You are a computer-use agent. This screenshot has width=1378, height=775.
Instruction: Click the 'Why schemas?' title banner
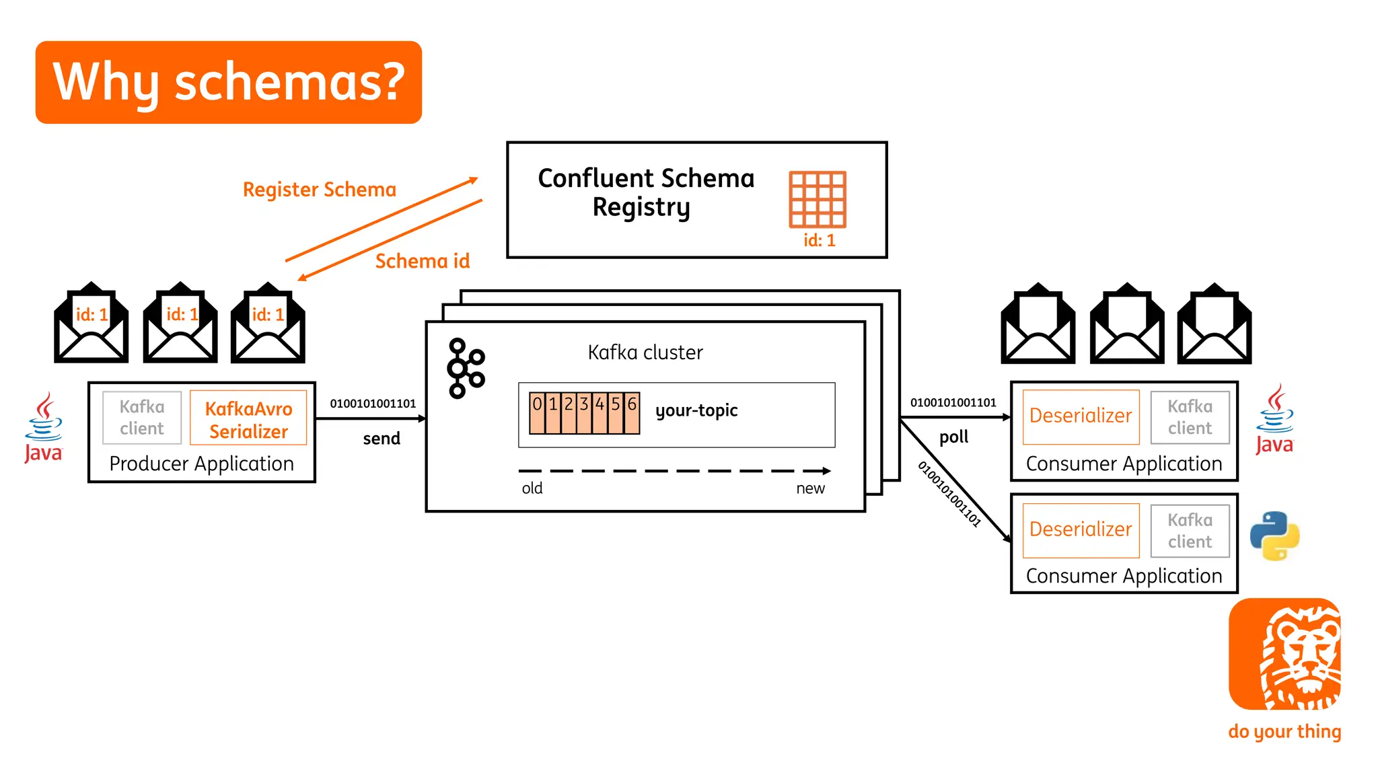[228, 82]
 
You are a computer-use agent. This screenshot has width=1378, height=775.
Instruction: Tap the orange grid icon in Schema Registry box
[817, 199]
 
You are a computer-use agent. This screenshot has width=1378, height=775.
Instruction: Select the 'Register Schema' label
[319, 190]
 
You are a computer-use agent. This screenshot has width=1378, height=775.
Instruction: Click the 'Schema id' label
[422, 261]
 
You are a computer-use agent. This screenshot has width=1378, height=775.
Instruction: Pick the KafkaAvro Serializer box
[248, 419]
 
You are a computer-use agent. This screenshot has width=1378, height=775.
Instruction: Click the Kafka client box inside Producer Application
[142, 418]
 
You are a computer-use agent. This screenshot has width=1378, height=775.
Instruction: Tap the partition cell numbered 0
[537, 412]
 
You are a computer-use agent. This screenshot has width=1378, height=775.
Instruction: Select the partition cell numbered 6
[632, 412]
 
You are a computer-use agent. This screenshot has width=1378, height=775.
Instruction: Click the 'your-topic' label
[696, 410]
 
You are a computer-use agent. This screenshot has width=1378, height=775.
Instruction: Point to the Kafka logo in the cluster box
[465, 368]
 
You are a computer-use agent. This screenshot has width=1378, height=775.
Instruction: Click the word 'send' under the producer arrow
[382, 439]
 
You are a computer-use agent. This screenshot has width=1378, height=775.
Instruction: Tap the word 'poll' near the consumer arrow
[953, 437]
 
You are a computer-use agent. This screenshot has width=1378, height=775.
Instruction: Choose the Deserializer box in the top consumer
[1081, 416]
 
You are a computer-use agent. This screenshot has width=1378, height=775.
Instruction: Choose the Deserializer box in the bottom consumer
[1081, 530]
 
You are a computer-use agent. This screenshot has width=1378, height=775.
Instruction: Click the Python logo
[1274, 536]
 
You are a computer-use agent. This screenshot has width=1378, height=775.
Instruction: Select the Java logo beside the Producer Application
[44, 428]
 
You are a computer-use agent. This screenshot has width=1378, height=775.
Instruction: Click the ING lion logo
[1284, 654]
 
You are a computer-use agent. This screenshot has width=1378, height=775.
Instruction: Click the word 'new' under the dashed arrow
[810, 488]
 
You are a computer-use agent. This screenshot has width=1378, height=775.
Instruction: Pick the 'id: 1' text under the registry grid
[819, 241]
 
